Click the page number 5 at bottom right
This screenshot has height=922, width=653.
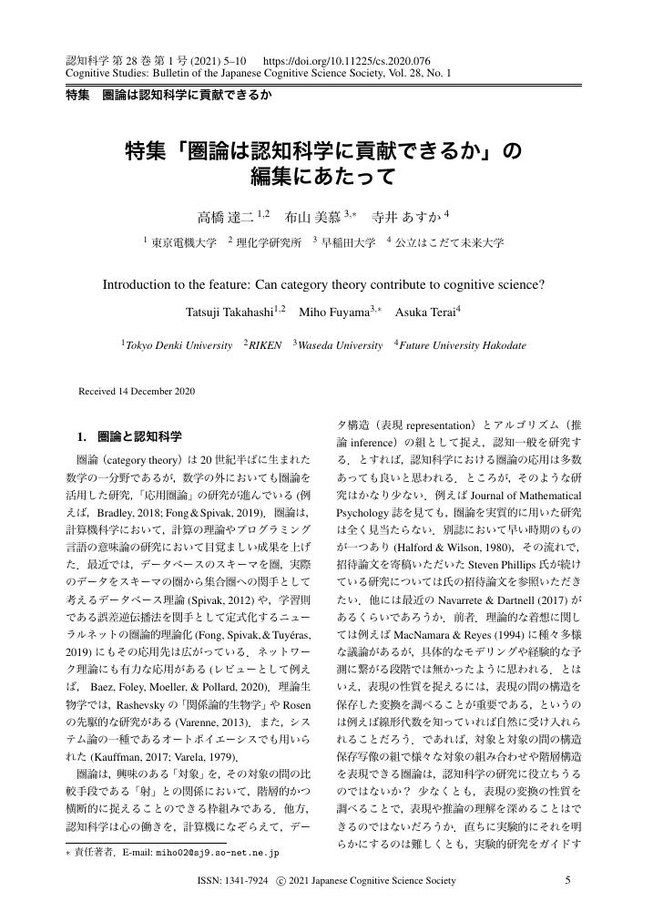(x=567, y=881)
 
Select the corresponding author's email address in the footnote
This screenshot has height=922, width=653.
(x=218, y=854)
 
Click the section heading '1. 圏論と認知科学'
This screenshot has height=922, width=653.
(x=133, y=435)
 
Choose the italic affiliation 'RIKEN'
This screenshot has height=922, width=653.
(x=265, y=346)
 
